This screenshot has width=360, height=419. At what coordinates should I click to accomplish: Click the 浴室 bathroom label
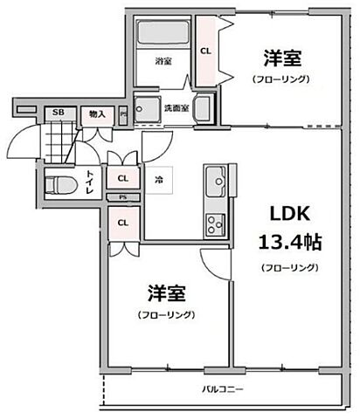[163, 62]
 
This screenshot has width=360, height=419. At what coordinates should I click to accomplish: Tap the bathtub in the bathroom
[164, 34]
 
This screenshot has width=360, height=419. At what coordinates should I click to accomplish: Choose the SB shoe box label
[59, 113]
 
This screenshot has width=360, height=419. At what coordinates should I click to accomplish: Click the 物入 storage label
[97, 113]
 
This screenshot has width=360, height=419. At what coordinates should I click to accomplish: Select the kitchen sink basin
[216, 184]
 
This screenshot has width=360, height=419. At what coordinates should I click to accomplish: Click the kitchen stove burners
[214, 224]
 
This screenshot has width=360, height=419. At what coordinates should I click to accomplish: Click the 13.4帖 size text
[287, 241]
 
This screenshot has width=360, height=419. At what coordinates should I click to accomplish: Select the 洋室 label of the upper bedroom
[283, 58]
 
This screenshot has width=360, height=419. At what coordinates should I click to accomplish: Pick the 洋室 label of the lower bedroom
[164, 292]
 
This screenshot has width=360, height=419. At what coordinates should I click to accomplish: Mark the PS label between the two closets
[122, 198]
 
